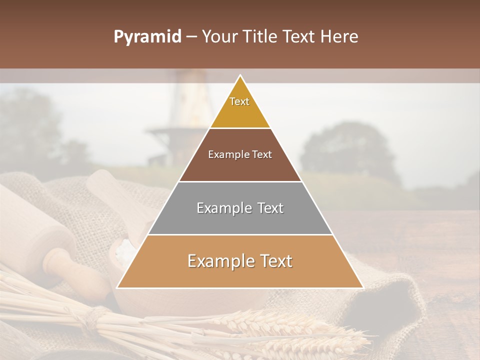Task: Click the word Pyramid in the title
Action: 147,37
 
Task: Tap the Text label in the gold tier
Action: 239,101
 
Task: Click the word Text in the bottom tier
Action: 275,261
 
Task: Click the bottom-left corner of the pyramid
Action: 117,287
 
